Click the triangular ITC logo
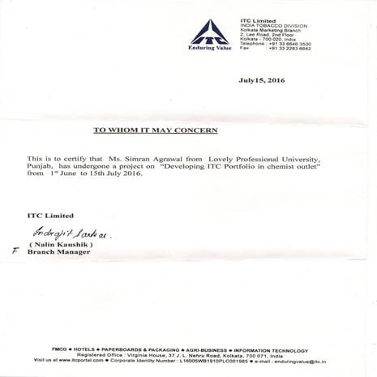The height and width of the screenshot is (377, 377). pyautogui.click(x=210, y=31)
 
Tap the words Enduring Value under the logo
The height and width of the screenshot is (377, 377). pyautogui.click(x=210, y=49)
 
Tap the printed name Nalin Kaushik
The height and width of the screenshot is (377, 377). pyautogui.click(x=62, y=243)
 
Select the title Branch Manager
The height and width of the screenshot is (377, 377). pyautogui.click(x=59, y=252)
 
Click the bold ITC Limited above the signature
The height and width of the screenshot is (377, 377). pyautogui.click(x=50, y=215)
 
